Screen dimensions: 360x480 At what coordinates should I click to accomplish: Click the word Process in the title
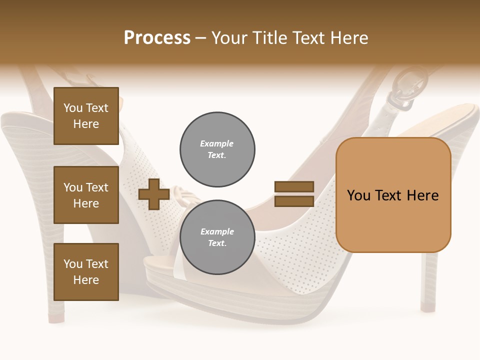(157, 38)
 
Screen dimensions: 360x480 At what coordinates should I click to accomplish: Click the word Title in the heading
(270, 38)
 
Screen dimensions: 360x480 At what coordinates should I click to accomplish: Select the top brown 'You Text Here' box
(86, 116)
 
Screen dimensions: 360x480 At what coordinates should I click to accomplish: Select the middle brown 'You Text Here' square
(86, 195)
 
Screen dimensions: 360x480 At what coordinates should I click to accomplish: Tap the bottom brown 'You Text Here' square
(86, 271)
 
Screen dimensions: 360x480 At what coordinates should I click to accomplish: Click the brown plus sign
(154, 194)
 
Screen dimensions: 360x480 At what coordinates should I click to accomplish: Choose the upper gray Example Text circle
(217, 149)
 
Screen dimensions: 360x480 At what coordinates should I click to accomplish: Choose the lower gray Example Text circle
(217, 237)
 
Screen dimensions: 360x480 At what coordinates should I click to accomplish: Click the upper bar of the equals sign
(294, 187)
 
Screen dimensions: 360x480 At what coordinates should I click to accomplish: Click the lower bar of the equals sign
(294, 201)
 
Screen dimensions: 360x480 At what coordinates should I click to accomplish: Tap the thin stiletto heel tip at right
(428, 305)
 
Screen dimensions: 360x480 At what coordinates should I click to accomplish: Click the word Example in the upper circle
(216, 143)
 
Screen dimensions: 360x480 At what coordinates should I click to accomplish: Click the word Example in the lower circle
(217, 231)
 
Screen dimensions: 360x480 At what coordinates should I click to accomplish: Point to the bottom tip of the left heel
(56, 317)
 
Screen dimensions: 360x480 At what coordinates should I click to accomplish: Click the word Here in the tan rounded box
(422, 195)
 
